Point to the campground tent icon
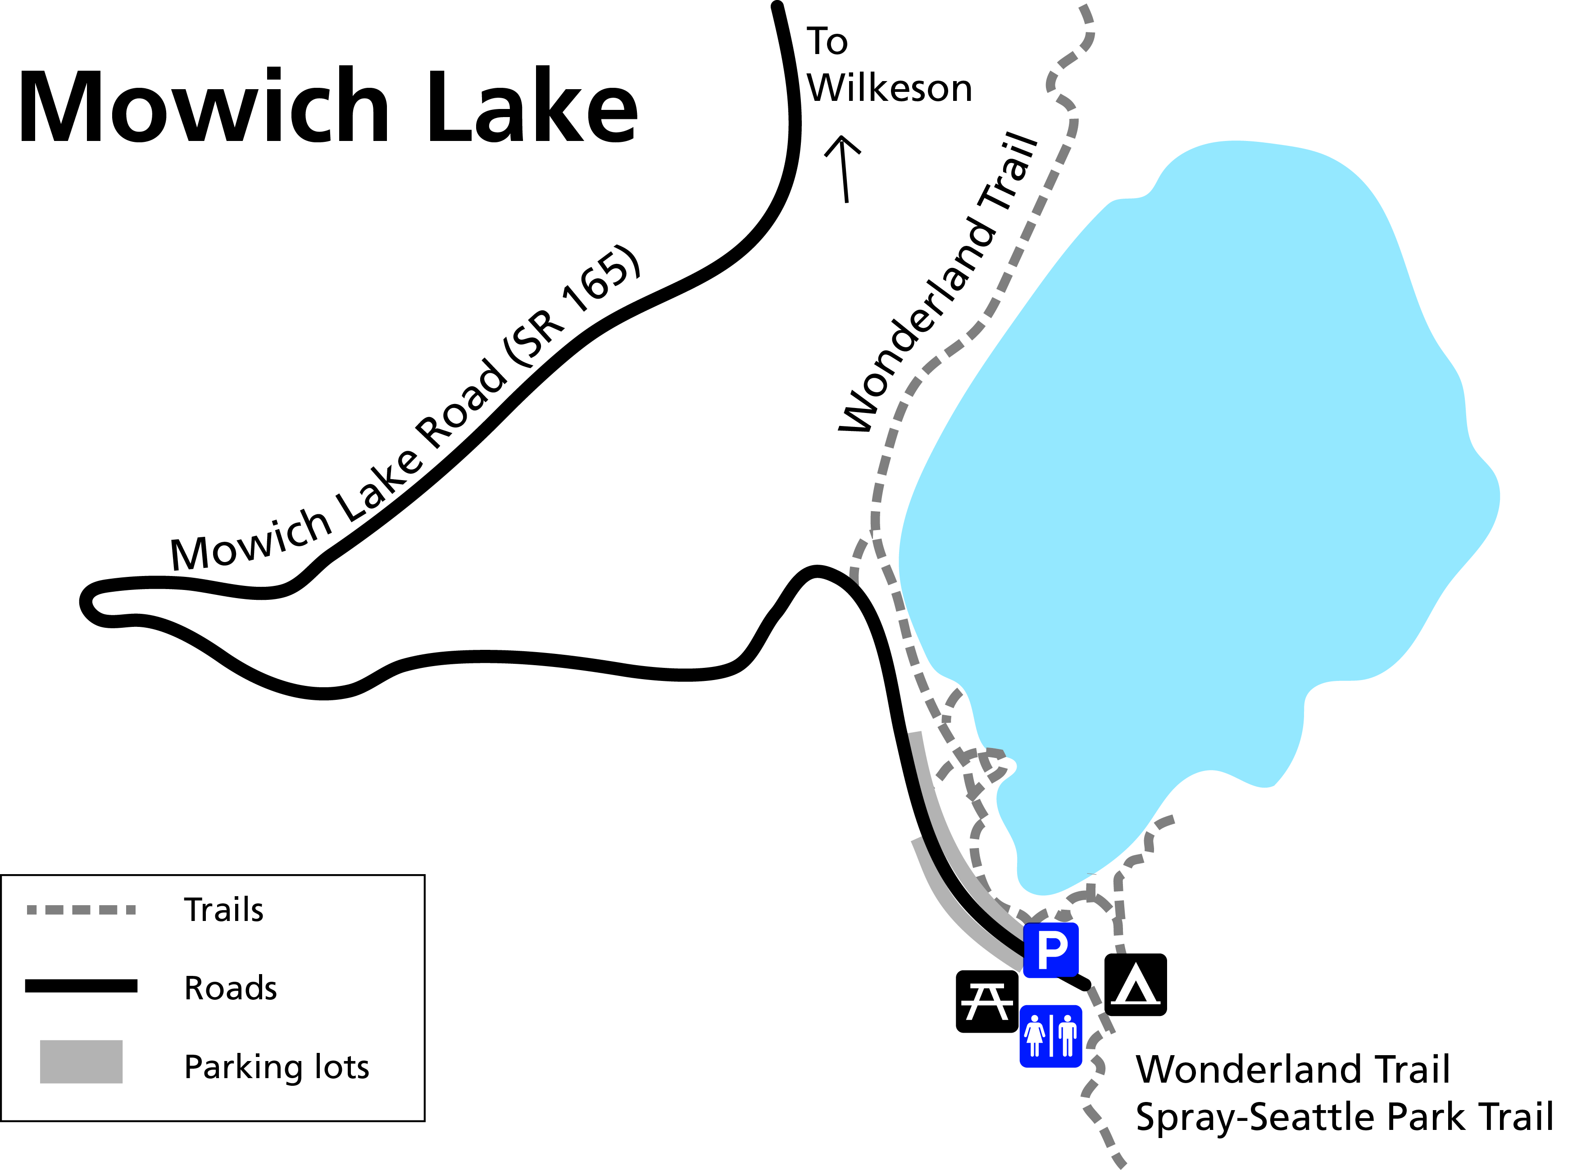(x=1136, y=984)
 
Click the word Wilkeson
(x=890, y=89)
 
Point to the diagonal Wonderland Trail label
(x=939, y=283)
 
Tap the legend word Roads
(x=230, y=988)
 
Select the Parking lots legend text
(x=276, y=1066)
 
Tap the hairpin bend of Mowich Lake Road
(x=89, y=602)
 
